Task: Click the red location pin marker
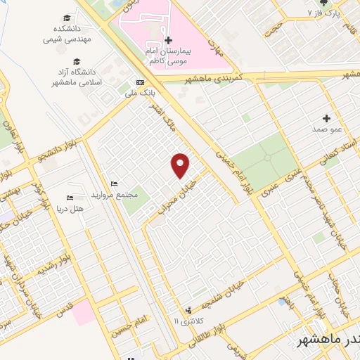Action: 181,165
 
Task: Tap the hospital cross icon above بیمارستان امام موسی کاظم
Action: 169,40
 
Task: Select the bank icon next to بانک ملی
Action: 139,82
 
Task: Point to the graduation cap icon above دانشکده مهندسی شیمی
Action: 67,18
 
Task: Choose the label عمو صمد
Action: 327,130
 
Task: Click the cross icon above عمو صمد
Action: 327,118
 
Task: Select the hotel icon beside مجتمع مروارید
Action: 105,184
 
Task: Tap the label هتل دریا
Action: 69,209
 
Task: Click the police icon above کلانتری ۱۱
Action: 188,310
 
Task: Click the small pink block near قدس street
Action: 83,311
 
